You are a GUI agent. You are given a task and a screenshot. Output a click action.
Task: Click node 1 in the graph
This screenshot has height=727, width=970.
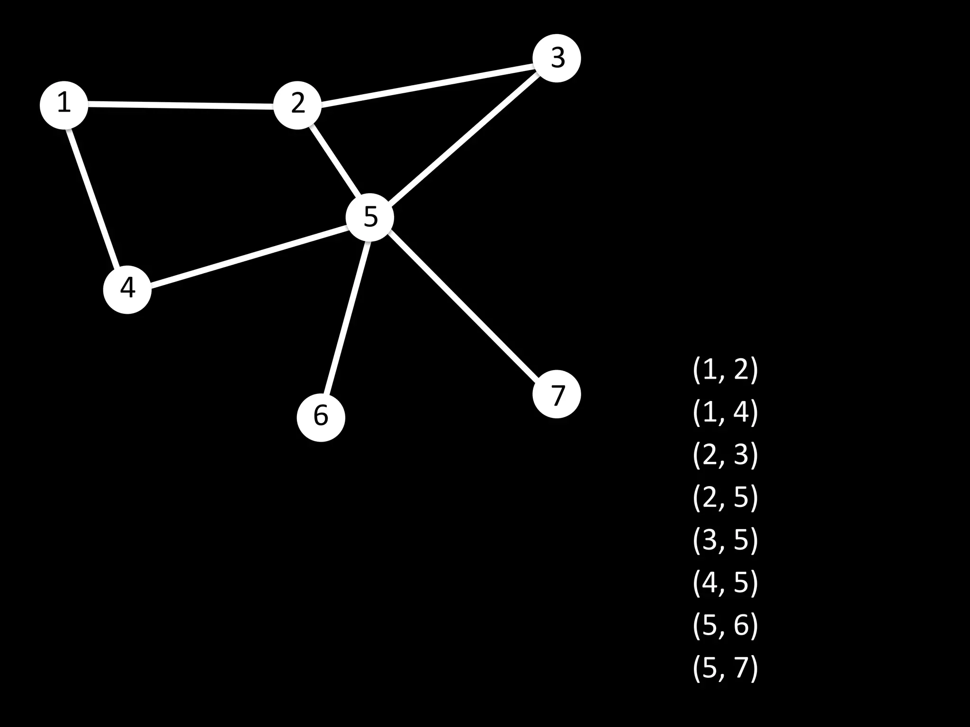coord(64,105)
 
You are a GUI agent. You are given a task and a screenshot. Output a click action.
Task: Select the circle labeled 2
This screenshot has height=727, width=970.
coord(297,105)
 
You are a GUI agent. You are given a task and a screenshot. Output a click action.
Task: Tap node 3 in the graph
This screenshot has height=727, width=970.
coord(557,58)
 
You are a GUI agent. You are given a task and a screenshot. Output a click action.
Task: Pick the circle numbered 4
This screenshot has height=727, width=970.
coord(127,289)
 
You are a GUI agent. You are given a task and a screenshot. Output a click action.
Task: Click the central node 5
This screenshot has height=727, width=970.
coord(370,217)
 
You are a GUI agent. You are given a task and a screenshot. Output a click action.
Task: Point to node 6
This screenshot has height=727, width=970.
coord(321,417)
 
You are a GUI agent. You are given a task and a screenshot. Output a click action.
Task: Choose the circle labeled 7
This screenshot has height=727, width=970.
coord(557,394)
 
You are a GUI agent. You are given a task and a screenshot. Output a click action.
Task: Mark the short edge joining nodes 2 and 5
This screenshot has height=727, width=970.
coord(334,161)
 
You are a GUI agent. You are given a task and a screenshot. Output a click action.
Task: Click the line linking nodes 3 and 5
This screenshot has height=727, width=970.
coord(464,137)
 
